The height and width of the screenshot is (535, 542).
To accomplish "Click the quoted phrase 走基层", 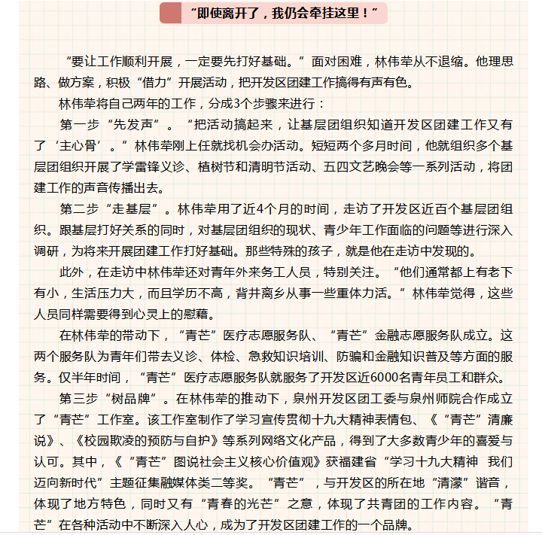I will (x=138, y=208).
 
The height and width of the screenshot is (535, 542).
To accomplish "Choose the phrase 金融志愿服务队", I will (x=406, y=335).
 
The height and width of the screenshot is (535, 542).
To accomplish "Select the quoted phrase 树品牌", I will (x=138, y=398).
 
